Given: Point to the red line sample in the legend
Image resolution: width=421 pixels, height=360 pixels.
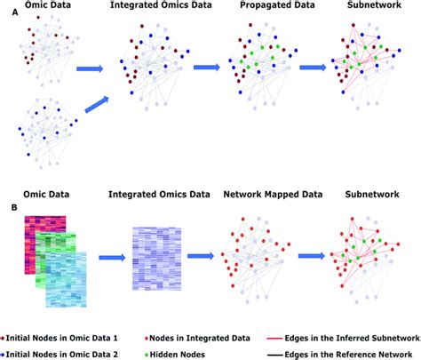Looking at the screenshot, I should tap(275, 338).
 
